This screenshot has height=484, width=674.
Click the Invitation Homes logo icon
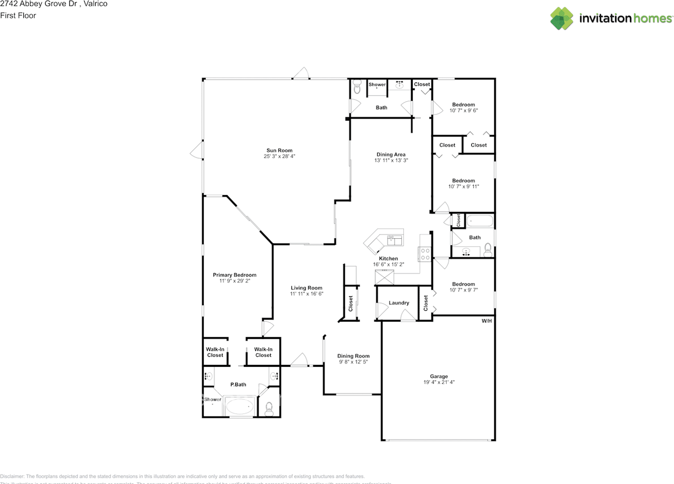tap(562, 18)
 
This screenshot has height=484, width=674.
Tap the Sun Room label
tap(279, 150)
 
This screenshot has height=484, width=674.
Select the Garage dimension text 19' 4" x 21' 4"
tap(439, 382)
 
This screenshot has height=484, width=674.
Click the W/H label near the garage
tap(487, 321)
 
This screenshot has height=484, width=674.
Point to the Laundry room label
tap(399, 303)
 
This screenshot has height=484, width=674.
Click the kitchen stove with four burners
tap(425, 255)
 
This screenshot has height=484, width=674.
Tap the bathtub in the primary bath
tap(240, 406)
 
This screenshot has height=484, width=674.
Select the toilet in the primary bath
tap(269, 408)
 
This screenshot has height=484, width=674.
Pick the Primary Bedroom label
tap(234, 275)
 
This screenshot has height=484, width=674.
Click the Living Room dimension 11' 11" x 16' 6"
tap(306, 294)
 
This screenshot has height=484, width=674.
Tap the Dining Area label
tap(391, 154)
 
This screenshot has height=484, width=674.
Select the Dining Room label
tap(353, 356)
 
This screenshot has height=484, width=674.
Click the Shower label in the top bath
tap(377, 84)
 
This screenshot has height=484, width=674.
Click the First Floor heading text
tap(18, 15)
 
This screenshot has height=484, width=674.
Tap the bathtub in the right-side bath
tap(480, 221)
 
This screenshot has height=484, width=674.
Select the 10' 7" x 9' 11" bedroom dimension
tap(463, 186)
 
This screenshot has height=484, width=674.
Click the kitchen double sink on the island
tap(394, 240)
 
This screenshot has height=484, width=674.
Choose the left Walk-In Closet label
tap(215, 352)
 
